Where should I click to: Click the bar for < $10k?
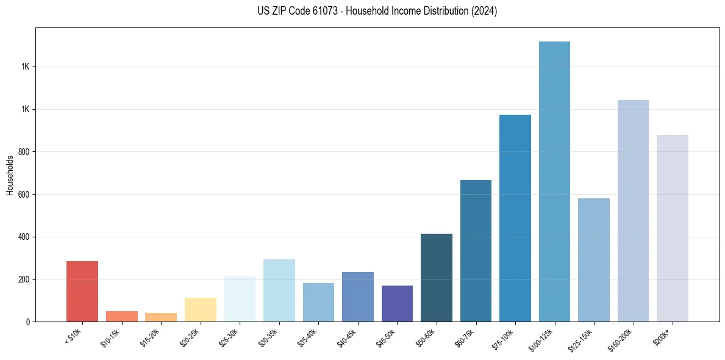[82, 291]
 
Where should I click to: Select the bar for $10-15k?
[121, 316]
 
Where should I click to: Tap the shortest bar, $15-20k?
[161, 317]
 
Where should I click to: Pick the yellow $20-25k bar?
[201, 309]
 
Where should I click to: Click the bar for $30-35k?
[279, 290]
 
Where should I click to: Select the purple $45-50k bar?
[397, 303]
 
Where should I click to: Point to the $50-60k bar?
[437, 278]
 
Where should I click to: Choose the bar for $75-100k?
[515, 218]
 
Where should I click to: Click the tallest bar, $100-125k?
[554, 181]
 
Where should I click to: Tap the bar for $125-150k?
[594, 260]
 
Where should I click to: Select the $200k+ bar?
[673, 228]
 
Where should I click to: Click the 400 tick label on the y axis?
[24, 237]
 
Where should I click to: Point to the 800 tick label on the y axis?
[24, 152]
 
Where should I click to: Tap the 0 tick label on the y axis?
[28, 322]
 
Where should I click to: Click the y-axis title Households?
[10, 175]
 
